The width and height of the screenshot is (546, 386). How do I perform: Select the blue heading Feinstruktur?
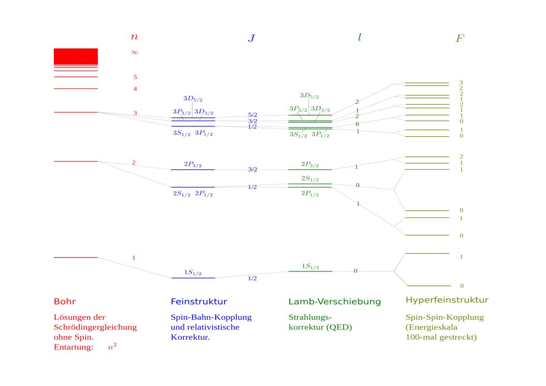(x=199, y=301)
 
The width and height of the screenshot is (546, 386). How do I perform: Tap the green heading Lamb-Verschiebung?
(x=334, y=301)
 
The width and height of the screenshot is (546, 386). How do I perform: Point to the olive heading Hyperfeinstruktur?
(x=445, y=301)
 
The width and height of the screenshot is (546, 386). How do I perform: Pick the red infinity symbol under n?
(x=134, y=53)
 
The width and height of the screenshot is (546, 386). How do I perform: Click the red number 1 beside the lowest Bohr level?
(x=133, y=257)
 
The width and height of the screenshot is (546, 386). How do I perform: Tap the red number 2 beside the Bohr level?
(x=133, y=163)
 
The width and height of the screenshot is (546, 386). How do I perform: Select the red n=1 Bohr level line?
(x=74, y=258)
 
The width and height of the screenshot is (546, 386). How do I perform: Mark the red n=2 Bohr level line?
(x=74, y=162)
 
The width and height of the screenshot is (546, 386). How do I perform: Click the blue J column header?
(x=251, y=38)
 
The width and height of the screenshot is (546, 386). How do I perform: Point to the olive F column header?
(x=458, y=39)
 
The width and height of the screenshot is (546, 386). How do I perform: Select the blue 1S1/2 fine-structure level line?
(x=193, y=279)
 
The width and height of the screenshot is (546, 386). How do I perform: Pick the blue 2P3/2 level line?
(x=193, y=169)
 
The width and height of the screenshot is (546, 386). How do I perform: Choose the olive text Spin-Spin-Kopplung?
(x=445, y=318)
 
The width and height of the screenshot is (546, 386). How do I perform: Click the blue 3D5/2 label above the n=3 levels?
(x=193, y=98)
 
